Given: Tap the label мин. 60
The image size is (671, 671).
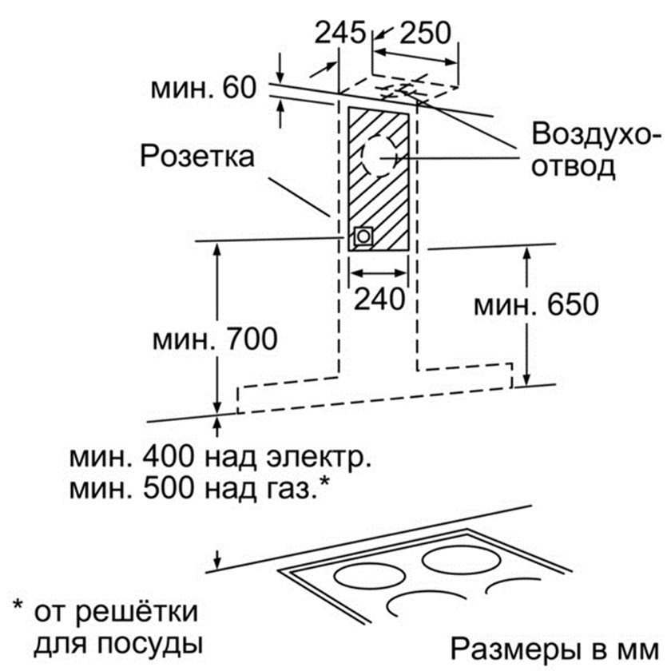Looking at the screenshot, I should [x=203, y=86].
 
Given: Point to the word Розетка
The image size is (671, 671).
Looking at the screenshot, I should [x=197, y=156].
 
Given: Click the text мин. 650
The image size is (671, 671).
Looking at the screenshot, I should [x=536, y=304].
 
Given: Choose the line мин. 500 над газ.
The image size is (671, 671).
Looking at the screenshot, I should [x=200, y=486].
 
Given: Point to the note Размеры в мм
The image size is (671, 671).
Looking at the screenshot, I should [x=556, y=646].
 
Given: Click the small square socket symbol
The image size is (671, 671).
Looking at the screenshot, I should [x=363, y=236].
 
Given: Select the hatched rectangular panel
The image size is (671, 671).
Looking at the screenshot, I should [x=380, y=181].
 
